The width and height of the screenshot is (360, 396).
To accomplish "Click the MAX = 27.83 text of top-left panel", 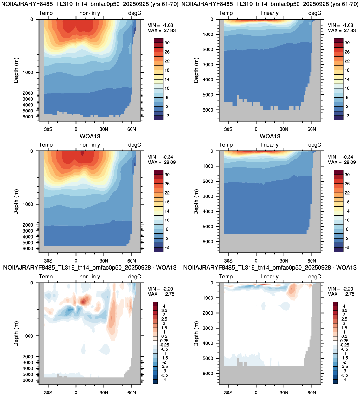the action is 161,30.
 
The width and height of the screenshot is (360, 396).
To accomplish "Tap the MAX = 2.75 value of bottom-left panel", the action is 161,294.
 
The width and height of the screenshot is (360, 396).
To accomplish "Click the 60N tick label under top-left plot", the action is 132,129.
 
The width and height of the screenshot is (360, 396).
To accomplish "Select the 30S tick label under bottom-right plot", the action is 228,393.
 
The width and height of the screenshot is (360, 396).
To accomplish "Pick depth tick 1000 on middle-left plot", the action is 28,204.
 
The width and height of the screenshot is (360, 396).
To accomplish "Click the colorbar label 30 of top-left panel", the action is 167,43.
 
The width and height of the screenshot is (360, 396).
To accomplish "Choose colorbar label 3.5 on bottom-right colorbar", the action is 344,310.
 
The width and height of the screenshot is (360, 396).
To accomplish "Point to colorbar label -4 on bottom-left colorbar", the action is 164,380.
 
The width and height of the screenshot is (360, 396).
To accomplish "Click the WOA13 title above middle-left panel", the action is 90,136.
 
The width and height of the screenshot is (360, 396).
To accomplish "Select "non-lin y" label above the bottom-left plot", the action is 90,277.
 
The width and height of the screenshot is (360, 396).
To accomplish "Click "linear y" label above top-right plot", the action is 270,13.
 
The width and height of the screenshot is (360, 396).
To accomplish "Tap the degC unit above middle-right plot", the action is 315,145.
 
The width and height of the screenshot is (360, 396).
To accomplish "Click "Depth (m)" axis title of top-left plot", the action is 16,70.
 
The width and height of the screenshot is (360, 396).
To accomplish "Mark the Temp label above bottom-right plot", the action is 226,277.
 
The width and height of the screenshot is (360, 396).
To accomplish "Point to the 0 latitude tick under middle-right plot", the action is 256,261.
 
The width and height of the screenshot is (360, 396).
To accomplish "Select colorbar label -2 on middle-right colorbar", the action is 347,247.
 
